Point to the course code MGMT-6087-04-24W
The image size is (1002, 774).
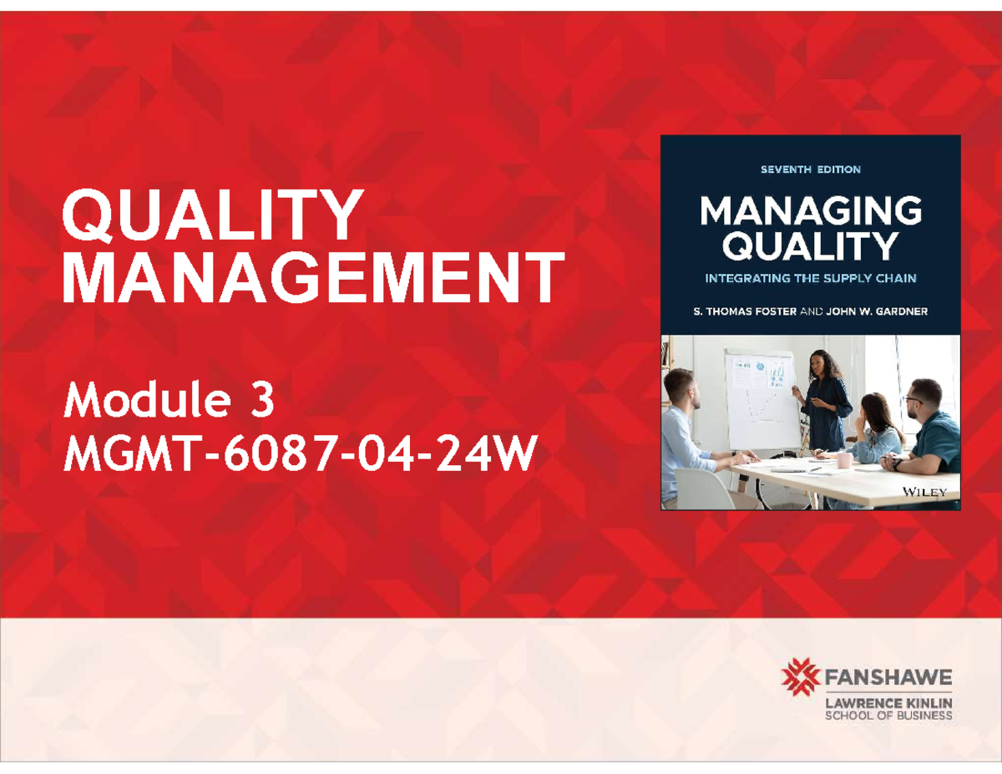tap(296, 457)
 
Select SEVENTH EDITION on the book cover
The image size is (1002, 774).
tap(810, 169)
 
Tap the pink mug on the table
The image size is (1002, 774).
tap(844, 460)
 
